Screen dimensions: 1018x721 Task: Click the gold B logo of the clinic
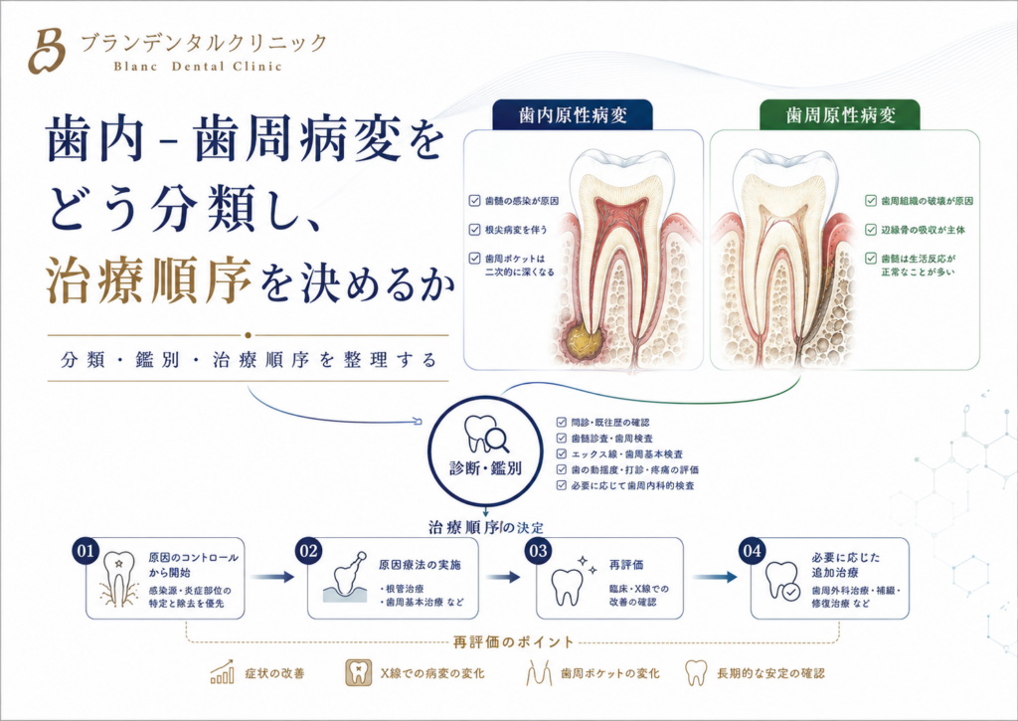(46, 51)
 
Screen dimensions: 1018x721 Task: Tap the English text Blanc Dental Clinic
(198, 67)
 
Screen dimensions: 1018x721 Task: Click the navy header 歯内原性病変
(573, 115)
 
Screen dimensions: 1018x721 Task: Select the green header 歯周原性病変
(840, 115)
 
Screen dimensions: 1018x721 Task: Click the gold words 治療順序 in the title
(149, 280)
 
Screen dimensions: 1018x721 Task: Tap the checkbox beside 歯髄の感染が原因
(474, 201)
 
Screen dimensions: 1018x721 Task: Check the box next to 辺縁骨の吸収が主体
(871, 230)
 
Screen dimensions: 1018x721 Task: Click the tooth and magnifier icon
(485, 434)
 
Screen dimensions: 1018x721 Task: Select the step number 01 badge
(85, 552)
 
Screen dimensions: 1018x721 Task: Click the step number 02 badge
(308, 552)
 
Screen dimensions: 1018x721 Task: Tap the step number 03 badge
(538, 552)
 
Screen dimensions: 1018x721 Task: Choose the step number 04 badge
(752, 552)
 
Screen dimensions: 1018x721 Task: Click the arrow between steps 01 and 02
(272, 576)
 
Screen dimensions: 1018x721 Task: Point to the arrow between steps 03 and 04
(715, 576)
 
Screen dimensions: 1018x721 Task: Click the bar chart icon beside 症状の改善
(222, 672)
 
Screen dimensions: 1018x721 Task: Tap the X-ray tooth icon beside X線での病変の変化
(358, 673)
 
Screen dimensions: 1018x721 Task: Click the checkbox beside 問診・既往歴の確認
(562, 423)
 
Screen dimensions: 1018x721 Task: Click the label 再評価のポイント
(513, 642)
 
